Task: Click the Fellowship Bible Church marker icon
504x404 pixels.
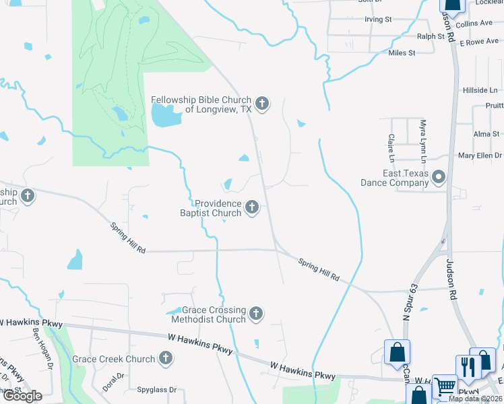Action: click(x=263, y=104)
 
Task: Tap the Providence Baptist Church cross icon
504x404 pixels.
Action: click(x=252, y=207)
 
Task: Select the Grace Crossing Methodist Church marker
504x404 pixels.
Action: click(x=255, y=314)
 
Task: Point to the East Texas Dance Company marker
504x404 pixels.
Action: click(x=439, y=178)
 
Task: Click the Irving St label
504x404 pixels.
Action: click(x=378, y=20)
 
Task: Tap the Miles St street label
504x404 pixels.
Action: click(x=401, y=53)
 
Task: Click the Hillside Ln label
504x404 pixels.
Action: click(x=480, y=90)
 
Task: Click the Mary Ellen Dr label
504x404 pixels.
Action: click(x=480, y=156)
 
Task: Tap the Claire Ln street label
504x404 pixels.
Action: click(x=391, y=147)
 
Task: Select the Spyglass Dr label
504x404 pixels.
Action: click(x=156, y=390)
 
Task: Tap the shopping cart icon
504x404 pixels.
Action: click(x=445, y=387)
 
